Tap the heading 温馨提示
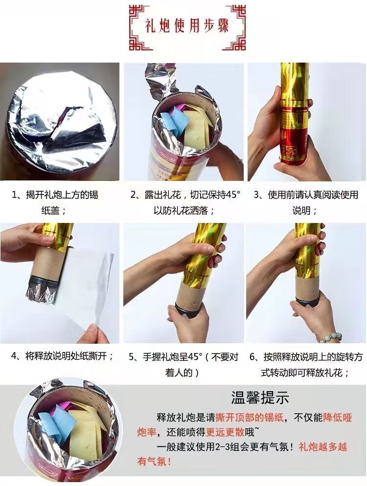[x=260, y=397]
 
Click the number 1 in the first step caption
[x=15, y=195]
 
